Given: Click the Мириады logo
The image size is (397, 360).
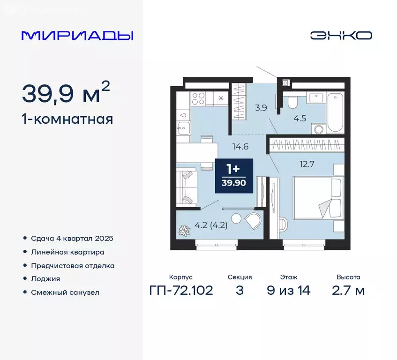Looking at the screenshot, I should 77,35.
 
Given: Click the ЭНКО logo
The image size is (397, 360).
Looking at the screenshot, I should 341,35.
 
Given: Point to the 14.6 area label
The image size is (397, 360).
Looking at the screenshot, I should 240,146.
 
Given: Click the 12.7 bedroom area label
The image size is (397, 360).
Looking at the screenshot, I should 306,164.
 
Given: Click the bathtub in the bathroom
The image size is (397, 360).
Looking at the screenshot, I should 336,113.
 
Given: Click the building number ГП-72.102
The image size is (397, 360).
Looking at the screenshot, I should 181,290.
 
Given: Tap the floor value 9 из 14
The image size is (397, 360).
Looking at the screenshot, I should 288,290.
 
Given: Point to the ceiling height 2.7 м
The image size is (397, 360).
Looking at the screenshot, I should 348,290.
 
